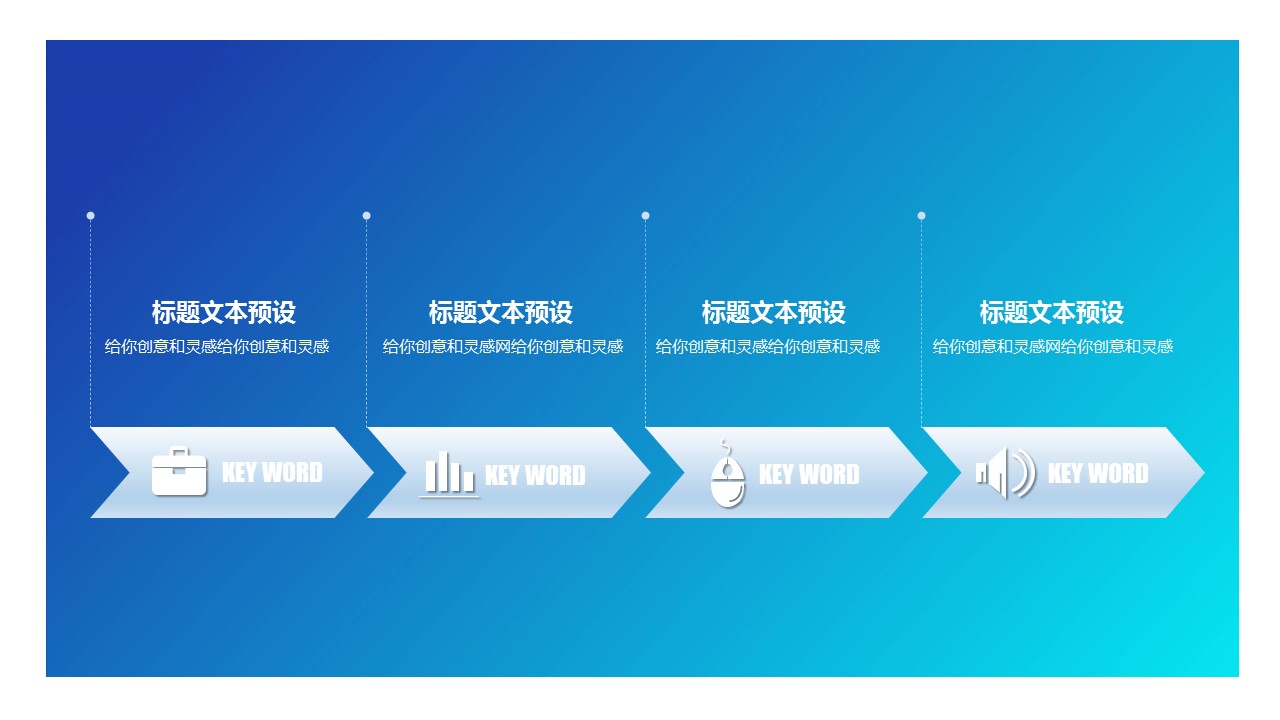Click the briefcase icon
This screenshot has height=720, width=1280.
(x=179, y=471)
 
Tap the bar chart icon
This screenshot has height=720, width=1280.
(x=449, y=474)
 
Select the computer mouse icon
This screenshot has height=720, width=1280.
(x=727, y=474)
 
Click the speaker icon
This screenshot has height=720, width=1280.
(x=1006, y=473)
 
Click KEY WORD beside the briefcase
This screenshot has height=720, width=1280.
(x=272, y=473)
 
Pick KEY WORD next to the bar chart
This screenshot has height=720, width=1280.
(x=535, y=475)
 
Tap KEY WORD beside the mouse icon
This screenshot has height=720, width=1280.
(x=809, y=474)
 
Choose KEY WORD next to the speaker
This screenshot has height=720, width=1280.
(x=1098, y=473)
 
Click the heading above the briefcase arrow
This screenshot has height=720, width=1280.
(x=223, y=313)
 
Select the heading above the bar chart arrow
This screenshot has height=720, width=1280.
(x=501, y=313)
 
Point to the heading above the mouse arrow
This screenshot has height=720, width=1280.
(x=774, y=313)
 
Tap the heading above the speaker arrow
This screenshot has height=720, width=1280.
(x=1051, y=313)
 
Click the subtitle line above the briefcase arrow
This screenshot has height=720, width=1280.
(x=217, y=346)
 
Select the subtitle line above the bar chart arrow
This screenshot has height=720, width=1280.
(x=503, y=346)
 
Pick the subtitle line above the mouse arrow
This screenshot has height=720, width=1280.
(x=767, y=346)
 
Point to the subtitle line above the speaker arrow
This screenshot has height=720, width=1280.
(x=1053, y=346)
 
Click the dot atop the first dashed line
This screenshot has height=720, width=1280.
(x=90, y=215)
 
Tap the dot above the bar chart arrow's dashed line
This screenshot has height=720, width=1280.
(x=366, y=215)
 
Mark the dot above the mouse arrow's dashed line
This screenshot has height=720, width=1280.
(x=645, y=215)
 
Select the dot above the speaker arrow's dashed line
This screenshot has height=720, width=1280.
(x=921, y=215)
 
